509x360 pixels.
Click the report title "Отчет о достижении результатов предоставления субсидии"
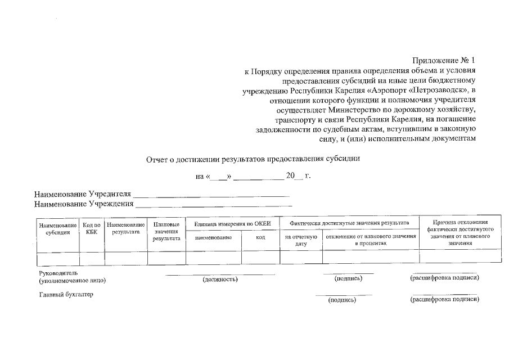253,159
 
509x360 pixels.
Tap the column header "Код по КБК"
92,228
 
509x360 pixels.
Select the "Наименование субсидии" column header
58,228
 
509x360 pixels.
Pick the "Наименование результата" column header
126,228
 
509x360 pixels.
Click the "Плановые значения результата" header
166,231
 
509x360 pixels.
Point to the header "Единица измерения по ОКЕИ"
232,224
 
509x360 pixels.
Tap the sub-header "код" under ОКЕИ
260,238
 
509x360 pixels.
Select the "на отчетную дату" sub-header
301,241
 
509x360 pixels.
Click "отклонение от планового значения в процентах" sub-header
371,241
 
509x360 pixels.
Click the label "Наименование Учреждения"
84,204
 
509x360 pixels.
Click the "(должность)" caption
220,279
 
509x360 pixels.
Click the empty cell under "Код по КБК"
92,258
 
